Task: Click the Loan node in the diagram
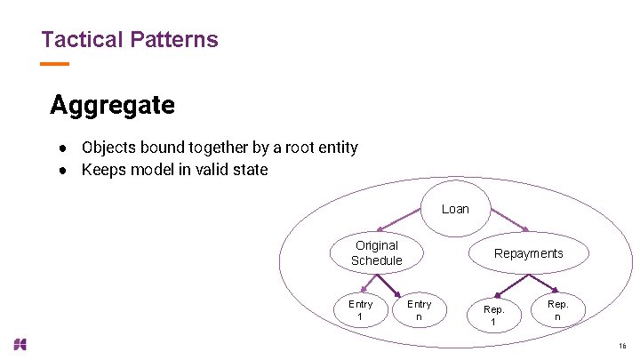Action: pos(454,209)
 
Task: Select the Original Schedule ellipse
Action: pos(377,252)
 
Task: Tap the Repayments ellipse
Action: pos(528,253)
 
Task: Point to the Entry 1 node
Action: pos(360,310)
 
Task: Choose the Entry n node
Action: pos(419,310)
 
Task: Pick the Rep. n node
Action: pos(557,309)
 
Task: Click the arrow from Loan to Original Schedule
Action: pos(399,220)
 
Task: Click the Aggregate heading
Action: pos(112,105)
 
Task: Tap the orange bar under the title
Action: pos(55,64)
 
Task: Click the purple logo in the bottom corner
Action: pos(20,344)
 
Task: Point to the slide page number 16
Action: pos(621,346)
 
